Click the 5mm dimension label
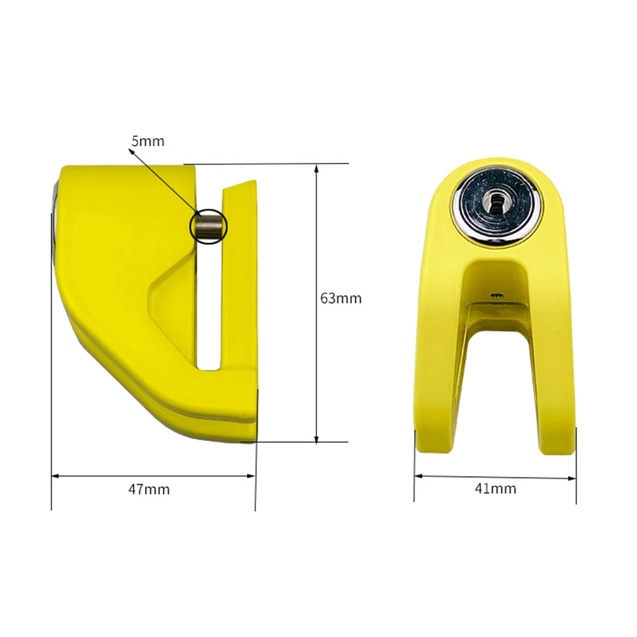click(148, 141)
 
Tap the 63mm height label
click(341, 298)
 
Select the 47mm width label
click(149, 489)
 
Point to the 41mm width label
click(496, 488)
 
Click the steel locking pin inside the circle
click(208, 226)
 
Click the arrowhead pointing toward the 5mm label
click(132, 151)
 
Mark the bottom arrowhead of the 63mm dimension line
click(316, 438)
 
